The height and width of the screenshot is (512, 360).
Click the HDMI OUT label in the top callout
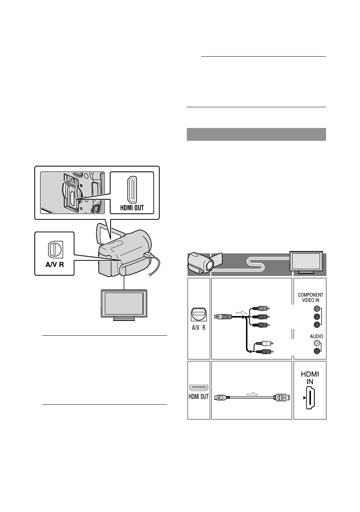(132, 208)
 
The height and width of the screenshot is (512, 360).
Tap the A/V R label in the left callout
(55, 265)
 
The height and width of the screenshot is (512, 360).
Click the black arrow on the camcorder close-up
(71, 184)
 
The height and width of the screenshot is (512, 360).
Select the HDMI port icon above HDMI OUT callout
(132, 190)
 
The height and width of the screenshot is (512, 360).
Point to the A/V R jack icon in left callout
(55, 249)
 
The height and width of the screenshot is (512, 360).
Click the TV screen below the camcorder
(124, 304)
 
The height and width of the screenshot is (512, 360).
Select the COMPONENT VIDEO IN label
(311, 298)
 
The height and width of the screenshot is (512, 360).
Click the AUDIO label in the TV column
(316, 336)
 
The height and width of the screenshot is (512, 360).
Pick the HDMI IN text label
(310, 378)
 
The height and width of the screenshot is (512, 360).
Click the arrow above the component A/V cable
(242, 312)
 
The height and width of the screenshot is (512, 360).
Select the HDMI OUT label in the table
(199, 396)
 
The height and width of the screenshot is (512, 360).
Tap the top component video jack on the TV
(317, 309)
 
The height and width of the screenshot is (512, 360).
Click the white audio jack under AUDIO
(317, 343)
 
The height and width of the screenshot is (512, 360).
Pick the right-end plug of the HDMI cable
(282, 397)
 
